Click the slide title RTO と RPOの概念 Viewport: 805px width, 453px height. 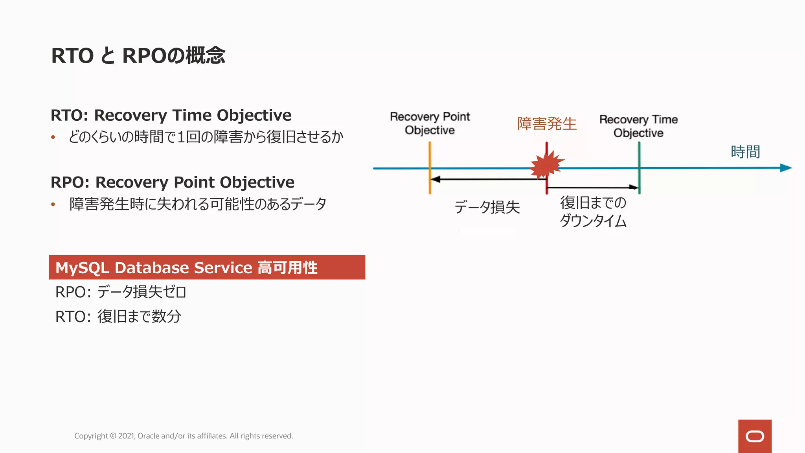[x=138, y=55]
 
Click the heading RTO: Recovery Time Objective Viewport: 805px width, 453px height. [x=171, y=115]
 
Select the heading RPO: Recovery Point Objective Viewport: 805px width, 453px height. [x=172, y=182]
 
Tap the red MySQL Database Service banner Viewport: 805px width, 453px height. [x=207, y=267]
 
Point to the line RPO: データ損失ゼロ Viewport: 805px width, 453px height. [x=121, y=292]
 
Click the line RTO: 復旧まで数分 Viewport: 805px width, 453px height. [x=118, y=316]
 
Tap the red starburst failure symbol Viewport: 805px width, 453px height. [x=546, y=165]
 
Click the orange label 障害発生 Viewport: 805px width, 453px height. [x=546, y=123]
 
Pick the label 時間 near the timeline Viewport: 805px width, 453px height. [x=745, y=152]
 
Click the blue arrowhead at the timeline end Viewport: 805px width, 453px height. [x=785, y=168]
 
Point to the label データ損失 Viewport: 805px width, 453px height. [x=487, y=207]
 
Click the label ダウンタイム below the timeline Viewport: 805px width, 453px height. [x=593, y=221]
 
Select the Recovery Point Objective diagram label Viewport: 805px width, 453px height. [x=430, y=123]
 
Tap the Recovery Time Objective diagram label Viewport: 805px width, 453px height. [x=638, y=126]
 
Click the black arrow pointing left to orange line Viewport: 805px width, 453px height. [x=487, y=179]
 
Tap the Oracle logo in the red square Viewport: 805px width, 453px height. [x=755, y=436]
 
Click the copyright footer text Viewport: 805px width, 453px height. [x=184, y=436]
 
